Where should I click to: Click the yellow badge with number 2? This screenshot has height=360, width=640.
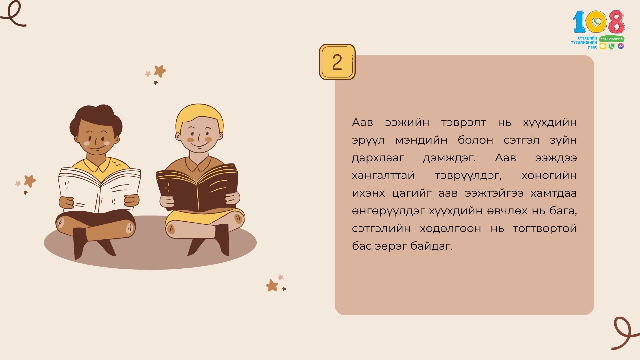pyautogui.click(x=337, y=62)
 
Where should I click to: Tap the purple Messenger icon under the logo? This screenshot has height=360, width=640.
pyautogui.click(x=620, y=46)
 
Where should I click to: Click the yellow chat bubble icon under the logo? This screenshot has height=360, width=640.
pyautogui.click(x=603, y=46)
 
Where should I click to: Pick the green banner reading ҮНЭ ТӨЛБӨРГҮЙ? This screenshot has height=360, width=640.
pyautogui.click(x=612, y=39)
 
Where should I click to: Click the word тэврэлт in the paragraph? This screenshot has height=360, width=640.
pyautogui.click(x=463, y=122)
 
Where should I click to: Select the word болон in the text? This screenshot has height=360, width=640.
pyautogui.click(x=475, y=140)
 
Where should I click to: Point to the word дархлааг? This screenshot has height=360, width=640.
pyautogui.click(x=378, y=158)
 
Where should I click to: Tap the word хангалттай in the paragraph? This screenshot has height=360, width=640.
pyautogui.click(x=383, y=175)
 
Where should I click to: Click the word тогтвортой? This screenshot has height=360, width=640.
pyautogui.click(x=545, y=228)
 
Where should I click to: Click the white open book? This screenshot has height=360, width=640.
pyautogui.click(x=99, y=189)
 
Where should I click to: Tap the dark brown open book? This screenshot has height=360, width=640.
pyautogui.click(x=197, y=187)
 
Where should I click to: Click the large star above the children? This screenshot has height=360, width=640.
pyautogui.click(x=160, y=71)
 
